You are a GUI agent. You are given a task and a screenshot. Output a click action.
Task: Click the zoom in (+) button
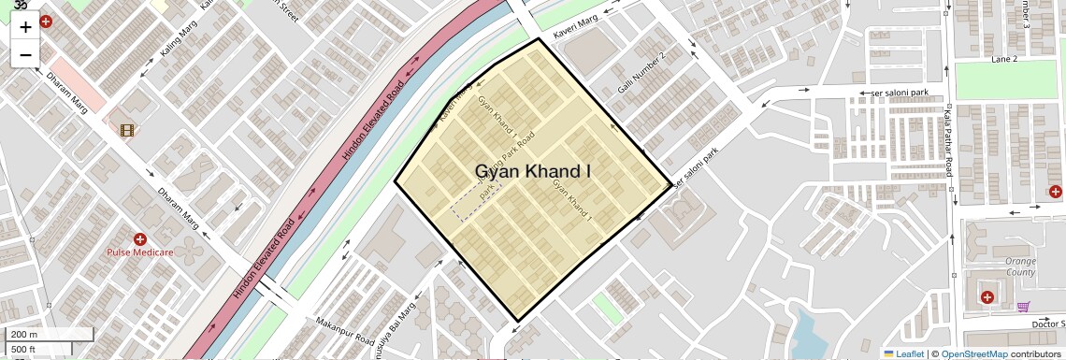[25, 26]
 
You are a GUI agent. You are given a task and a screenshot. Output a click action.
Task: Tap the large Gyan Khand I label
[533, 171]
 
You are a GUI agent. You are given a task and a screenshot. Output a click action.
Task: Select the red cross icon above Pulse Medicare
[139, 239]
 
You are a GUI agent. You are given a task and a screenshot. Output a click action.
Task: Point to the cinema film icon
[126, 129]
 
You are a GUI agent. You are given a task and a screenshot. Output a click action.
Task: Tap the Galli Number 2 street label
[641, 73]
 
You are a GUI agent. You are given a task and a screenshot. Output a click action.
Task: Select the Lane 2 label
[1003, 59]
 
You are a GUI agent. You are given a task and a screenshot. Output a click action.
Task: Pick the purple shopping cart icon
[1024, 306]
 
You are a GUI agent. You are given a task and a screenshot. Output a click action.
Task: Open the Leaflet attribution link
[902, 353]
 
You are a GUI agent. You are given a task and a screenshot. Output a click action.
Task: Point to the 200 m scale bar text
[24, 335]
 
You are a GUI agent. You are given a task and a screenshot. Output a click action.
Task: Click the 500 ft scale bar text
[23, 350]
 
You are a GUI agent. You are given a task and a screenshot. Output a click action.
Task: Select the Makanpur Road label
[338, 329]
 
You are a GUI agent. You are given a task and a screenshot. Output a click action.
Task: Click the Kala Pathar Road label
[947, 140]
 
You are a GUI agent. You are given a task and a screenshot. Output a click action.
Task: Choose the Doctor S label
[1048, 324]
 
